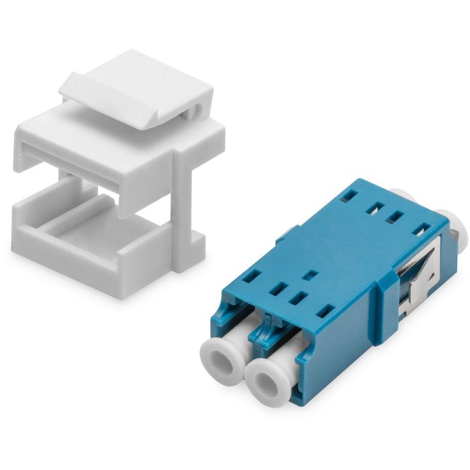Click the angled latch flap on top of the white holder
click(x=134, y=84)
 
